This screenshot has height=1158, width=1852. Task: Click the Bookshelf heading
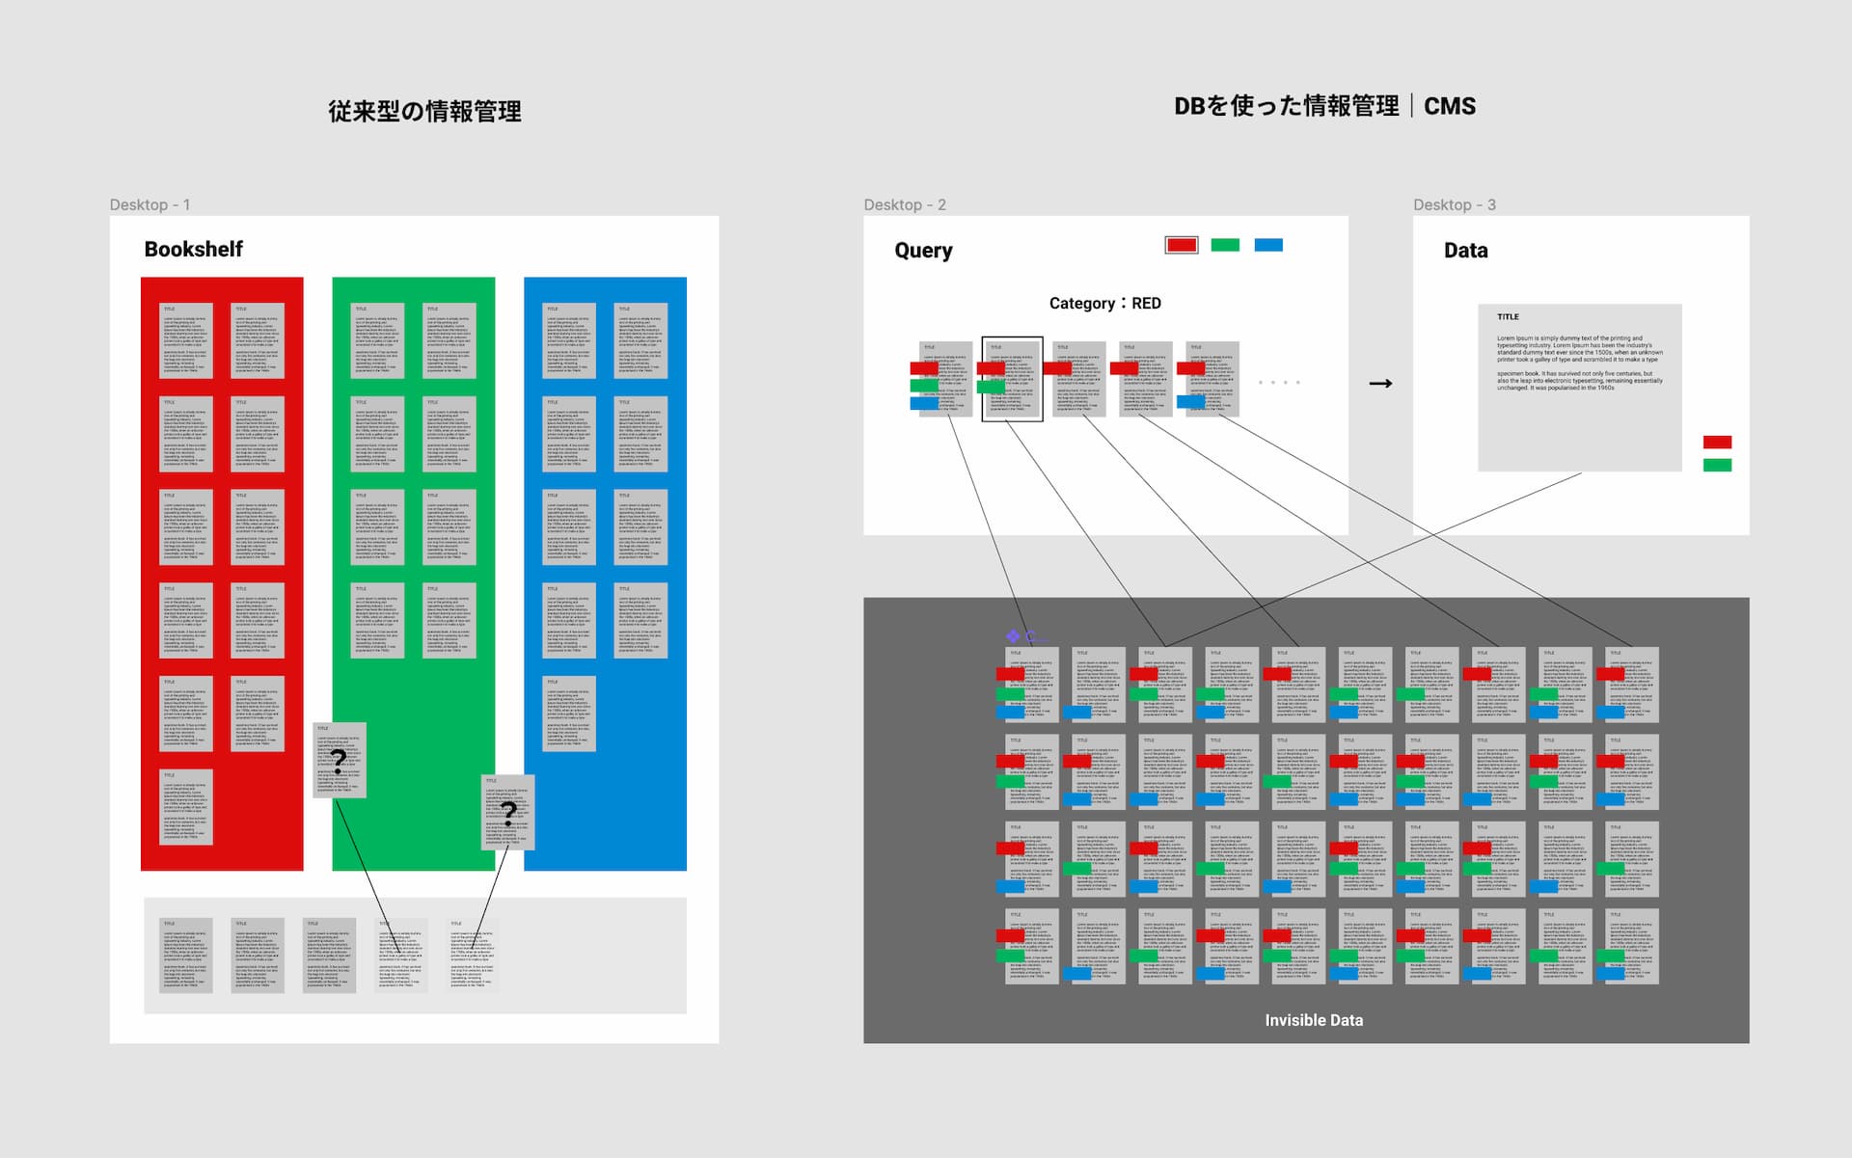point(193,249)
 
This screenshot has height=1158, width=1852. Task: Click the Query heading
point(923,251)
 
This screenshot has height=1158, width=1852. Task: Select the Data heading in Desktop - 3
point(1465,251)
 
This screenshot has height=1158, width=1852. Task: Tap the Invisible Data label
point(1314,1020)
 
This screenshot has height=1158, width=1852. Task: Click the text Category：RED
point(1104,303)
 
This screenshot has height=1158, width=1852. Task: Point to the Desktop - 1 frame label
point(150,204)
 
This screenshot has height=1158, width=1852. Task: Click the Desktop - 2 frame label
point(904,204)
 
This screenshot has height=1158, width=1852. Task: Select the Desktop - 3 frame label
point(1454,204)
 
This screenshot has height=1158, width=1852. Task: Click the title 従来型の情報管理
point(424,112)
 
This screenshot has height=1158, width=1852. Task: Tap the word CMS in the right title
point(1450,106)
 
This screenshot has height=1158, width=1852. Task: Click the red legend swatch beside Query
point(1182,245)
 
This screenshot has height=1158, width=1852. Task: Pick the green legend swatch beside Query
point(1225,245)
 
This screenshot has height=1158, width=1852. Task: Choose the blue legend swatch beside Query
point(1268,245)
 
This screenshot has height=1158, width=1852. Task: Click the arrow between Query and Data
point(1380,384)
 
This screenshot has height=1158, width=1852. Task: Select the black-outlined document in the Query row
point(1012,379)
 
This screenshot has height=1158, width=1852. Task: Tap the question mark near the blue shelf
point(508,814)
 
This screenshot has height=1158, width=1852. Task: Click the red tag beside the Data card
point(1717,443)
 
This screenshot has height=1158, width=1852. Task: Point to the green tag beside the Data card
point(1717,466)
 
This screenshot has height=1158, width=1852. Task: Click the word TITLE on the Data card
point(1508,317)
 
